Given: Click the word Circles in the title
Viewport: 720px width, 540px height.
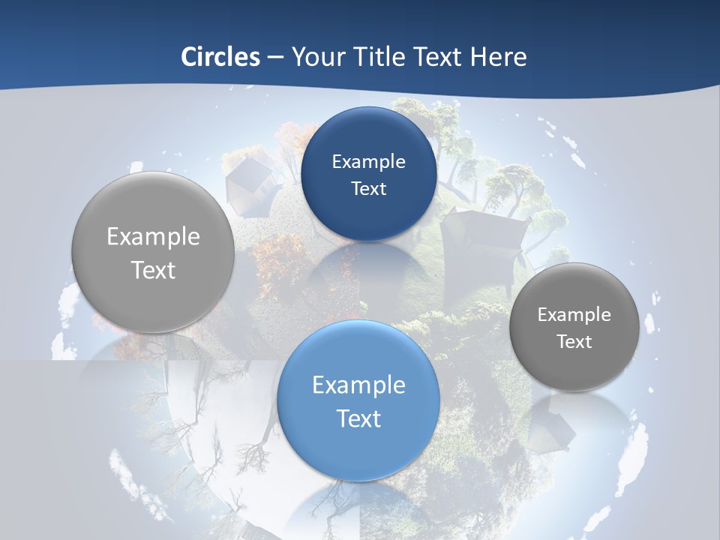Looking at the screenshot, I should pyautogui.click(x=220, y=56).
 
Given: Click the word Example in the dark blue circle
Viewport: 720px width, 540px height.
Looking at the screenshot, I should pyautogui.click(x=368, y=161).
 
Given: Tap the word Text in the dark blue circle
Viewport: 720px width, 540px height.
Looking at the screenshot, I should pyautogui.click(x=368, y=188).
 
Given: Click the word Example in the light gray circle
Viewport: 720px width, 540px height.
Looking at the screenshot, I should pyautogui.click(x=153, y=237).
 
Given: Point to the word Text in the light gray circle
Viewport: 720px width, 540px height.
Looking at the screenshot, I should pyautogui.click(x=153, y=270).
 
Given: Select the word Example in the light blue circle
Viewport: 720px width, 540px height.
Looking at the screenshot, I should pyautogui.click(x=358, y=385).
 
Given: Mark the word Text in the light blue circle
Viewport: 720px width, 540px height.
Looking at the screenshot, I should pyautogui.click(x=358, y=418).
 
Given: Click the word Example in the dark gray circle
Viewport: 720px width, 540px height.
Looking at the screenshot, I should pyautogui.click(x=574, y=314).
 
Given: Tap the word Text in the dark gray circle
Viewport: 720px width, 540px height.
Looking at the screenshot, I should pyautogui.click(x=574, y=341).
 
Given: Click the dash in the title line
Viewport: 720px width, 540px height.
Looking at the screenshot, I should pyautogui.click(x=275, y=57).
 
